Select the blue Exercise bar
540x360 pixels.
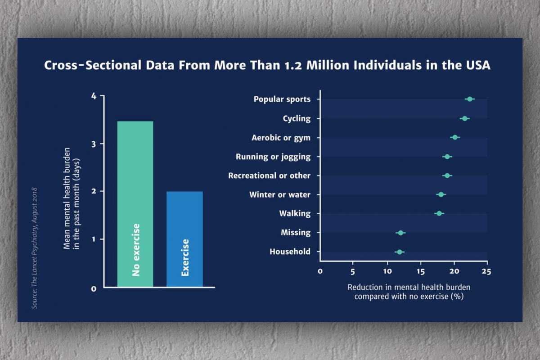(x=184, y=239)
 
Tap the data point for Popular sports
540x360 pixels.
(x=470, y=99)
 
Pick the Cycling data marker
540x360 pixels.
(x=464, y=118)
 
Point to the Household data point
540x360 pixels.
(x=400, y=252)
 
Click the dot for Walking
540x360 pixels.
(x=439, y=213)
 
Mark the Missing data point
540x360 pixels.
(x=400, y=233)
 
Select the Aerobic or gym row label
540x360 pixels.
(x=281, y=138)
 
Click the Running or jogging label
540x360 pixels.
(x=273, y=157)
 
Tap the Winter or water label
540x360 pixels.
(x=279, y=195)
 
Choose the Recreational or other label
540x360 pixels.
(x=269, y=175)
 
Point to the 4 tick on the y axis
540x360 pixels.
(x=94, y=96)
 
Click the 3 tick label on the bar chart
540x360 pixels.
(x=94, y=144)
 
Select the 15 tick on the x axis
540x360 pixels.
(x=421, y=271)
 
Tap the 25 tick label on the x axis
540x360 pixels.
(x=486, y=271)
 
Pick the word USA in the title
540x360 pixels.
(x=477, y=65)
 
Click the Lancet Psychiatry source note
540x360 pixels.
(x=35, y=247)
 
